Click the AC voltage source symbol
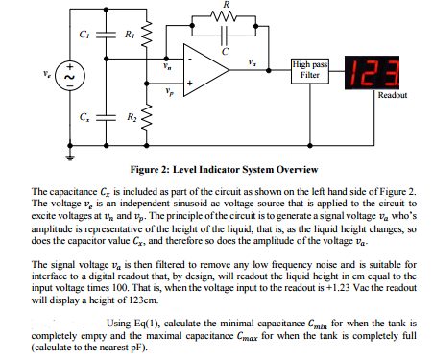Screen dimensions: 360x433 coord(69,73)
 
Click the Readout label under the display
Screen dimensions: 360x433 coord(393,96)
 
